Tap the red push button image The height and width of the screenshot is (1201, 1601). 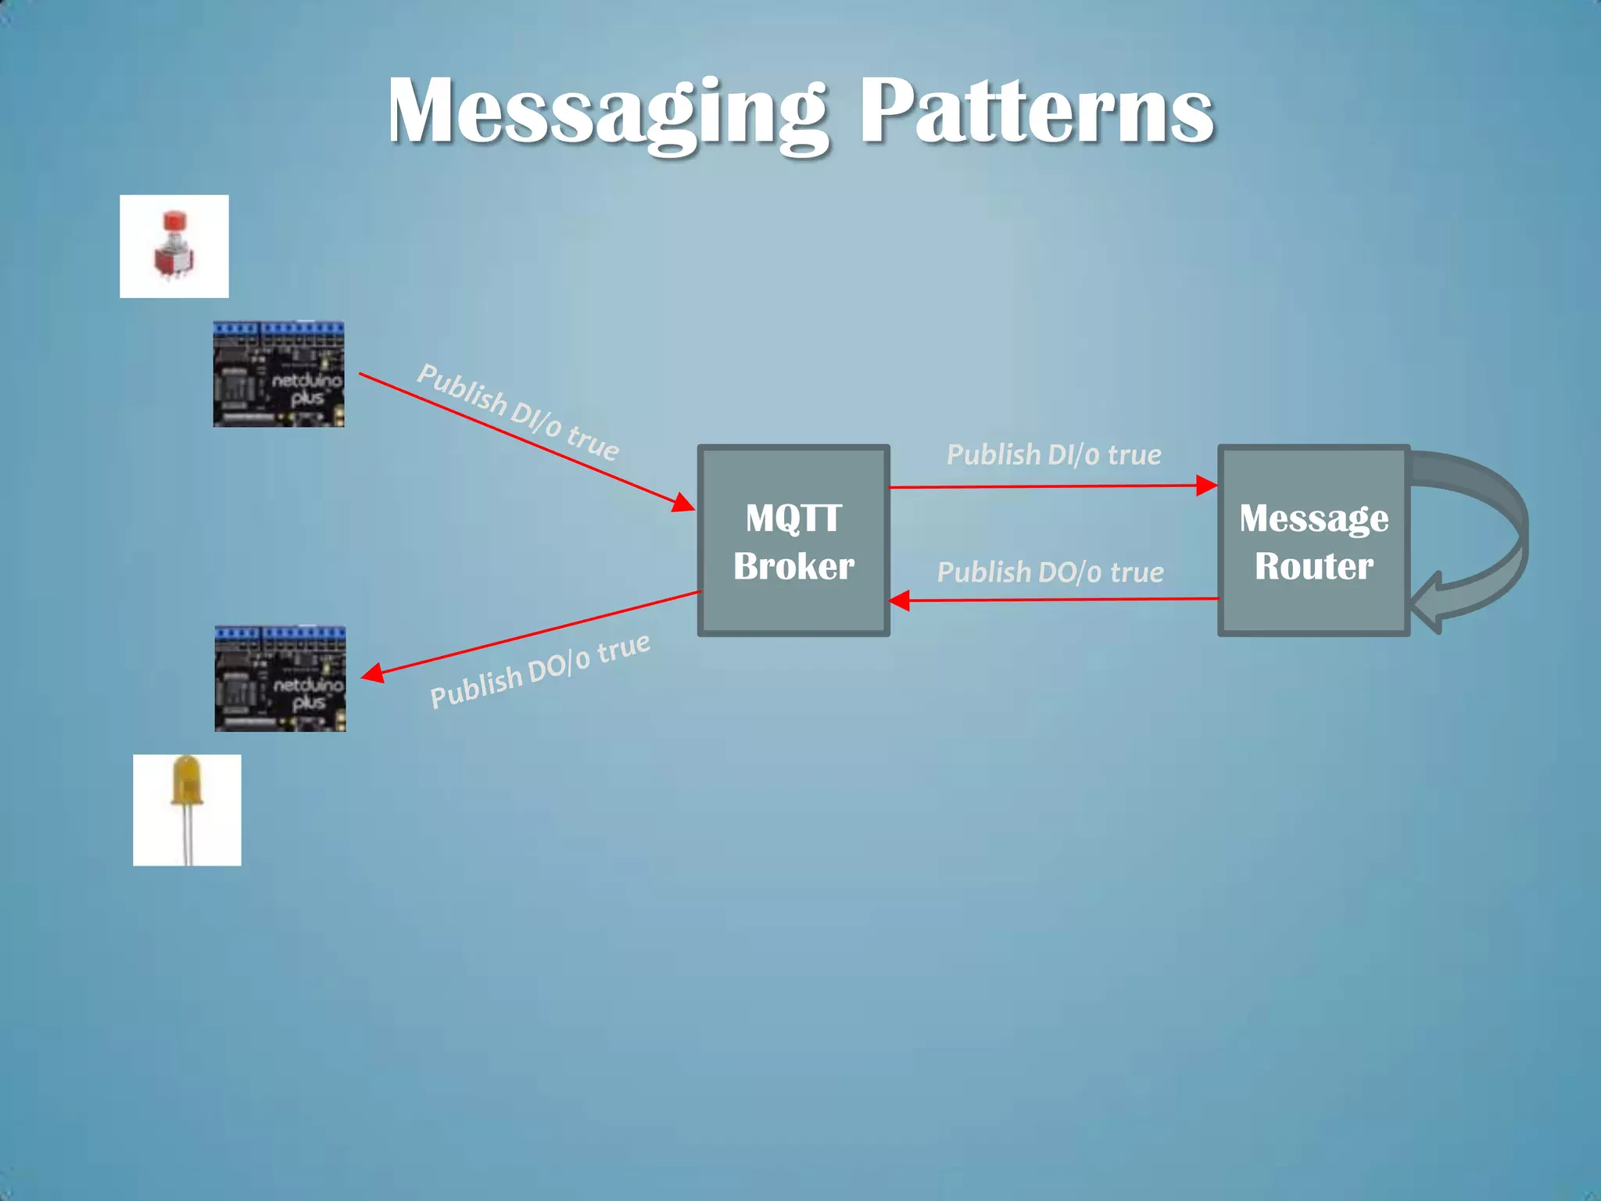(174, 246)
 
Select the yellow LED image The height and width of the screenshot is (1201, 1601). (187, 809)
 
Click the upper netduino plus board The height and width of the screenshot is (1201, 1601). (278, 374)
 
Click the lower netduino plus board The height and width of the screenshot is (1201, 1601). (280, 679)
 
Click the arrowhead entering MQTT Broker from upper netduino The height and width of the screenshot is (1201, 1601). (684, 504)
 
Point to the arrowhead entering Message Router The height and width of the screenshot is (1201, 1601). (1206, 486)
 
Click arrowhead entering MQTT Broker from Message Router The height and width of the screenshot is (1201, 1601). (900, 600)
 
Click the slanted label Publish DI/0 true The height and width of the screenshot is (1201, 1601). (518, 412)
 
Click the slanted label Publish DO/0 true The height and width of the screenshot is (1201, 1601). (539, 671)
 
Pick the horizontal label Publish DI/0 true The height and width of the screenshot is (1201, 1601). (1054, 455)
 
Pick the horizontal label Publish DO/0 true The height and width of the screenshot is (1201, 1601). (1050, 572)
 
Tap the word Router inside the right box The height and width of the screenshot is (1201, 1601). (1313, 566)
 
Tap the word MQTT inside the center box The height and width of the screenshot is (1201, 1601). (793, 518)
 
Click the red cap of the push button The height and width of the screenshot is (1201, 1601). (174, 220)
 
